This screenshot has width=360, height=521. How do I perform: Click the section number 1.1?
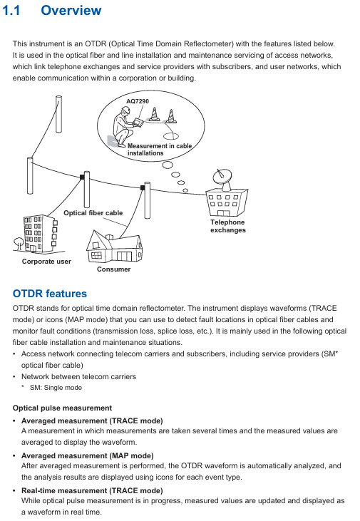11,10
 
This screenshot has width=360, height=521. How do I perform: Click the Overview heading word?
71,10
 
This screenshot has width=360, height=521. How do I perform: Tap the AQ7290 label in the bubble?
138,101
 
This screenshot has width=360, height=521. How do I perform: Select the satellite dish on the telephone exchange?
222,179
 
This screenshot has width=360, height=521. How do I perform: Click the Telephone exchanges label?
228,226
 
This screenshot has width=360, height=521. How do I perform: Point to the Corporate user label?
46,262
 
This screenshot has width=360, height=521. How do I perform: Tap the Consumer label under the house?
113,269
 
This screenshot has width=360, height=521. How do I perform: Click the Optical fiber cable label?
93,213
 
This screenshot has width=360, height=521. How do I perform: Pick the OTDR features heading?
49,294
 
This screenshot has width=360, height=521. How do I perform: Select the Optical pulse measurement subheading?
62,408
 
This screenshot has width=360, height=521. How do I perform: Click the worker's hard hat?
125,110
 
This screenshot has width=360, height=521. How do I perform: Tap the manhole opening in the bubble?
171,135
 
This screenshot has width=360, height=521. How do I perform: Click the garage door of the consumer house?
124,256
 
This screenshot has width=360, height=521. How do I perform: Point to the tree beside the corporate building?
19,244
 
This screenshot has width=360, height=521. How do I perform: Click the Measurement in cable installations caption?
160,150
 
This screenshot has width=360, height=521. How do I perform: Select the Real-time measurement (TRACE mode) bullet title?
92,491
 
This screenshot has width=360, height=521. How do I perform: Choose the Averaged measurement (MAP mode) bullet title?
88,456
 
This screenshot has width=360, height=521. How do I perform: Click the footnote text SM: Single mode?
56,388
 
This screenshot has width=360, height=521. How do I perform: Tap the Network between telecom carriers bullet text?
79,377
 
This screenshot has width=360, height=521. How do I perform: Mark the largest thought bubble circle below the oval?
168,165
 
